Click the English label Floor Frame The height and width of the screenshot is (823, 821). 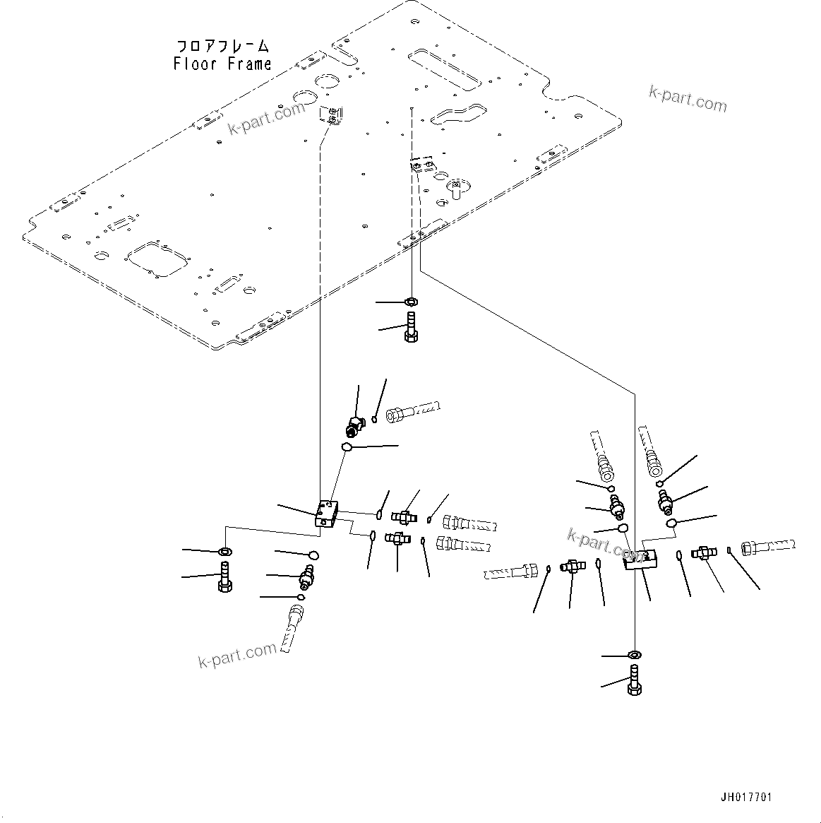(x=222, y=64)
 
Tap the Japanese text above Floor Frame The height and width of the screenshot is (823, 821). (x=222, y=47)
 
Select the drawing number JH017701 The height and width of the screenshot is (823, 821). (x=746, y=798)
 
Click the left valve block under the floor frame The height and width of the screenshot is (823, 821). (x=327, y=513)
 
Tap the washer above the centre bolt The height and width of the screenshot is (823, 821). (x=410, y=302)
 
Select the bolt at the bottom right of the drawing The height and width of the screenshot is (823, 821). (x=633, y=681)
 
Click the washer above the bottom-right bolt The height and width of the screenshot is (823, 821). (x=633, y=655)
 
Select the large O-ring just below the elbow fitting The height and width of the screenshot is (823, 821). (x=347, y=446)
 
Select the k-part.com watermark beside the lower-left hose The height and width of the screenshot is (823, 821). (x=236, y=656)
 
